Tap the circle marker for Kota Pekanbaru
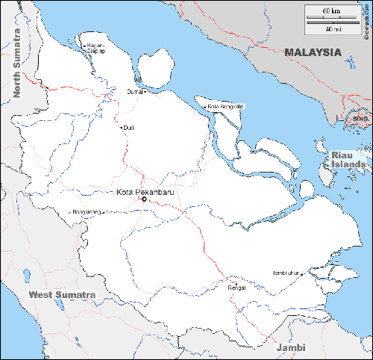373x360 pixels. pos(143,199)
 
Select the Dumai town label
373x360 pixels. pos(134,92)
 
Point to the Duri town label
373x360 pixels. pos(129,127)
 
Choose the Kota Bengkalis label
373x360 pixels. pos(226,106)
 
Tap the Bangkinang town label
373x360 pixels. pos(87,212)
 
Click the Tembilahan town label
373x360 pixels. pos(286,273)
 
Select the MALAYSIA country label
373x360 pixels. pos(313,52)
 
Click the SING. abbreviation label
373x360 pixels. pos(361,119)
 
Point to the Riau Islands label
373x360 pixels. pos(348,159)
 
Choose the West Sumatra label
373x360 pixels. pos(62,295)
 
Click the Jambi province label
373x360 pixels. pos(291,348)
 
